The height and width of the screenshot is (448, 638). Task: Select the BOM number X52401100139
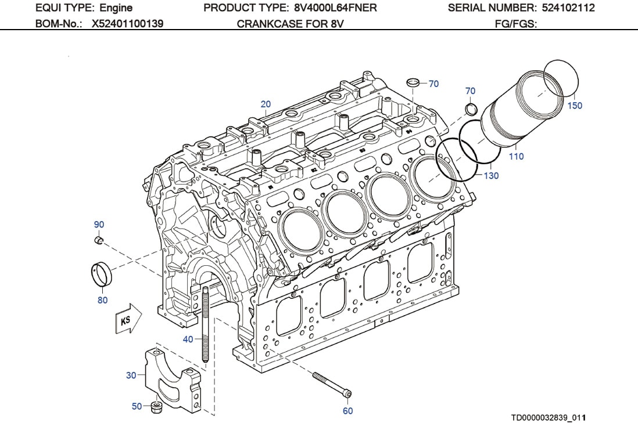[x=127, y=24]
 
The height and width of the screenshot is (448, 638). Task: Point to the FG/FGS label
[x=515, y=24]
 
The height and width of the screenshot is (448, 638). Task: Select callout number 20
[x=266, y=104]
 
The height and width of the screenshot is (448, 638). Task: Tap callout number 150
[x=574, y=106]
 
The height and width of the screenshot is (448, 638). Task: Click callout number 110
[x=516, y=156]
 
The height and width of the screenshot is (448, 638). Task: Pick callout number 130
[x=491, y=175]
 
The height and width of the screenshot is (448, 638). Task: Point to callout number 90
[x=99, y=225]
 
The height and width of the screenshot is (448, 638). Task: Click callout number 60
[x=347, y=411]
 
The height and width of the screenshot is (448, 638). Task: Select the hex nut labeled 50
[x=156, y=407]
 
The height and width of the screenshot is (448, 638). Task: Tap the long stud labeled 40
[x=205, y=325]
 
